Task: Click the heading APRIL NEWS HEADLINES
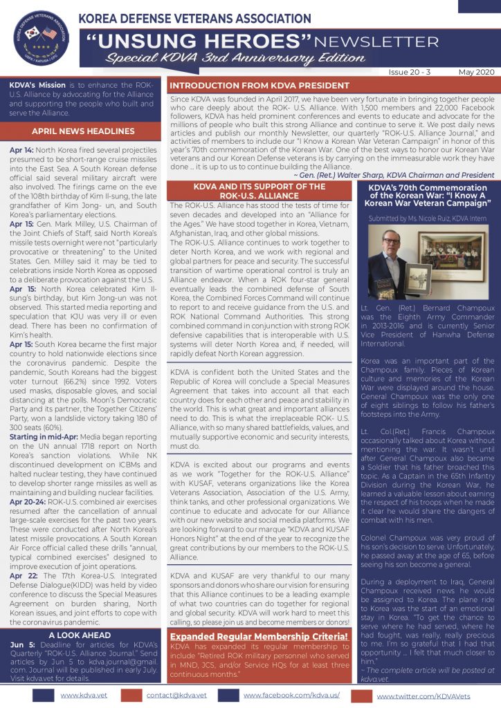[82, 131]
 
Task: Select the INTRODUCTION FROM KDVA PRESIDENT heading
[259, 86]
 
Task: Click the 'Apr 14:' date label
[20, 150]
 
